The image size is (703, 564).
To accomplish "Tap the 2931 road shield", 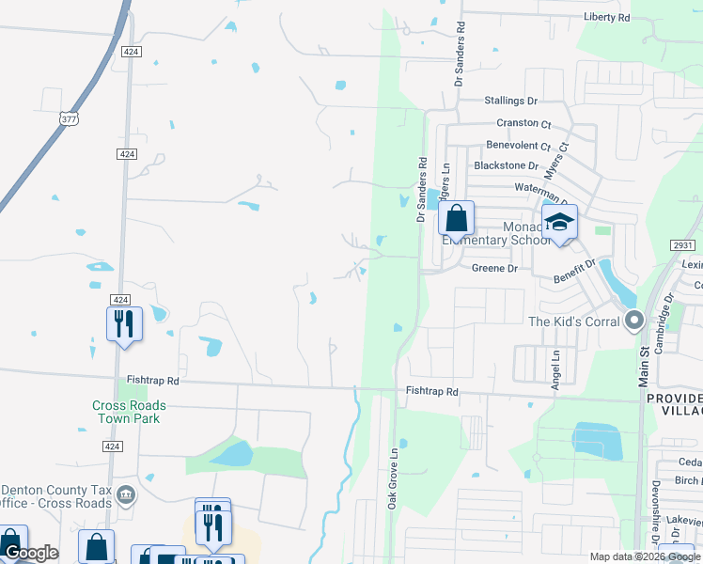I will click(x=683, y=244).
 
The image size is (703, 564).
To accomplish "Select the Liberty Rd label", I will click(x=606, y=18).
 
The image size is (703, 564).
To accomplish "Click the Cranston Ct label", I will click(x=523, y=123).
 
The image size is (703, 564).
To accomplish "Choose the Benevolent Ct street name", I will click(x=518, y=146).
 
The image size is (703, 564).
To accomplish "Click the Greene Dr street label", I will click(x=494, y=268).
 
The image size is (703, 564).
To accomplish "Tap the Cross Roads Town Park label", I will click(x=129, y=412).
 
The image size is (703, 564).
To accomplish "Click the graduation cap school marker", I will click(x=560, y=222).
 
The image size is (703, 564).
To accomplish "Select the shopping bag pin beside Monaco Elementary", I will click(x=456, y=219).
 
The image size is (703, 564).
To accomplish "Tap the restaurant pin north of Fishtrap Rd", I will click(x=124, y=323).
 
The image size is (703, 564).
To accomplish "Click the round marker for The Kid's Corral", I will click(x=634, y=321).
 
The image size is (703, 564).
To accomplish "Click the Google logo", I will click(x=30, y=553).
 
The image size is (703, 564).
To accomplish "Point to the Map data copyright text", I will click(x=645, y=556).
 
